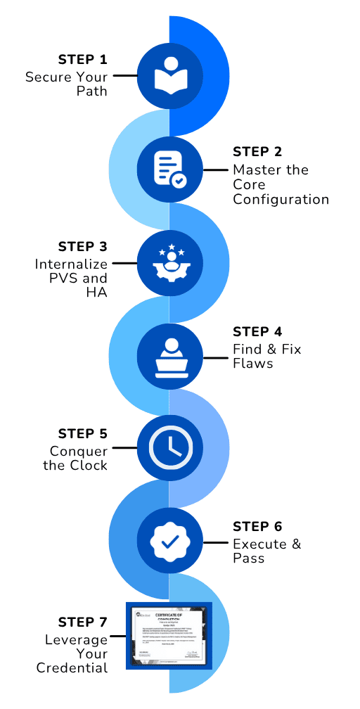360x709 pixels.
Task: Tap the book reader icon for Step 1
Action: [x=169, y=75]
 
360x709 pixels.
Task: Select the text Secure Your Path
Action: [x=67, y=84]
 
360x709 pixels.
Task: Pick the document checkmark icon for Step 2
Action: [x=169, y=170]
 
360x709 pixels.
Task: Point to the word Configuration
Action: [x=281, y=199]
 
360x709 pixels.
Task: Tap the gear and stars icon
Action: [x=169, y=262]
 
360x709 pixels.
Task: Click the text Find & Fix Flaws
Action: [x=266, y=356]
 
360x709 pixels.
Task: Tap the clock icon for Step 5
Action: [x=169, y=447]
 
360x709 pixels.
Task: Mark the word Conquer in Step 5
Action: [x=79, y=451]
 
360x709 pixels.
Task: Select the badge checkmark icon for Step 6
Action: [x=169, y=542]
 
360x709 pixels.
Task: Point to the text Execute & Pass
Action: [x=259, y=551]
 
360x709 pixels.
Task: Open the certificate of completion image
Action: [x=169, y=635]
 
